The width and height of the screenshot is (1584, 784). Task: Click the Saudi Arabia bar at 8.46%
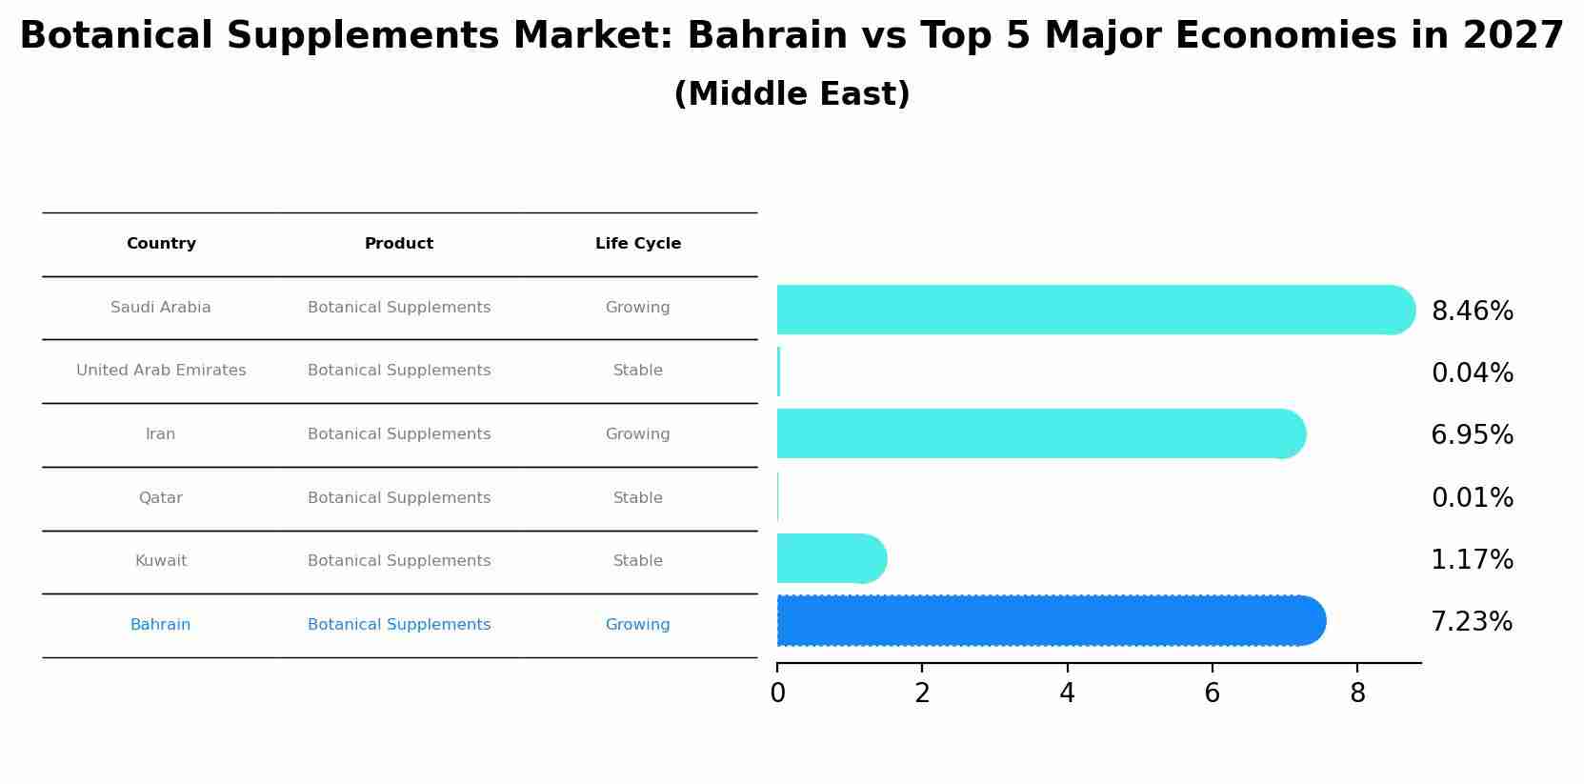1095,310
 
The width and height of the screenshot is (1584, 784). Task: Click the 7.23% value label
1472,622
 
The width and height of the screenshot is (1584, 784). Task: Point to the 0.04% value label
1472,373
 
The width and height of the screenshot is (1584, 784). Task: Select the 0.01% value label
1472,498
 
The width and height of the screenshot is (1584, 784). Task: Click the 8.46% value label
1472,312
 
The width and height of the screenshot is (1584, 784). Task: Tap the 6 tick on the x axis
1212,694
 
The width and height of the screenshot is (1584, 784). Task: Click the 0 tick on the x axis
777,694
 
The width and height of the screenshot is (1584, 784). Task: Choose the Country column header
161,244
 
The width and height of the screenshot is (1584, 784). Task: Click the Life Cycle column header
638,244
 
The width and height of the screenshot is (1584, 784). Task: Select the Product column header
399,244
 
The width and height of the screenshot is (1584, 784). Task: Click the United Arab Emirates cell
161,371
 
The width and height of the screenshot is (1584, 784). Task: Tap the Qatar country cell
161,498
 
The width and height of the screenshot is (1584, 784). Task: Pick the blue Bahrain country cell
161,625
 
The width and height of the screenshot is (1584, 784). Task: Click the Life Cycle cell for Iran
638,434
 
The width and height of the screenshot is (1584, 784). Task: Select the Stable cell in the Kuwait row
638,561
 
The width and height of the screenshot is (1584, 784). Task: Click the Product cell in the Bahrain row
399,625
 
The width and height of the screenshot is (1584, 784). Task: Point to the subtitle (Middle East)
792,94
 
